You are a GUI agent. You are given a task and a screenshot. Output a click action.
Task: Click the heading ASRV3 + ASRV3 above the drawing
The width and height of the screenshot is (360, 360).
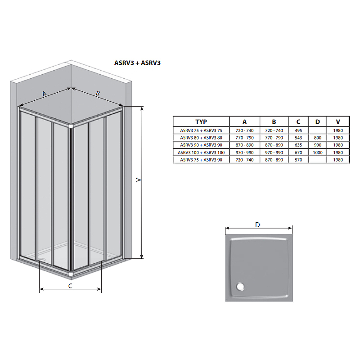coord(137,63)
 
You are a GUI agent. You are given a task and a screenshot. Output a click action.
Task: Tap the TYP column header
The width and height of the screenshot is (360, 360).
coord(201,121)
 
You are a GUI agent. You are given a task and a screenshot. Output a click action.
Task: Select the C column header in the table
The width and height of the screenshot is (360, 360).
coord(298,121)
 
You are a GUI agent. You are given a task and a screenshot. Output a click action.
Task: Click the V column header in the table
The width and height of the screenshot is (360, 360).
coord(338,121)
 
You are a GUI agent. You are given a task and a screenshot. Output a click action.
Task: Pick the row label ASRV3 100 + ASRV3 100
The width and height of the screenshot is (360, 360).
coord(201,153)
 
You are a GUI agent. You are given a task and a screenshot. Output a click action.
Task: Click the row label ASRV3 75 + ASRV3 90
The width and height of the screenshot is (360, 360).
coord(201,160)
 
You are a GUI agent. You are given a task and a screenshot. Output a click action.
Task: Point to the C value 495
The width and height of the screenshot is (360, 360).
coord(298,130)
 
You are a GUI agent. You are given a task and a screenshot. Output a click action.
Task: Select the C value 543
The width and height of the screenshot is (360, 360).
coord(298,138)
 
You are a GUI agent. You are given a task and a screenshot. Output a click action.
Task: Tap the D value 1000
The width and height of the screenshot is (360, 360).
coord(318,153)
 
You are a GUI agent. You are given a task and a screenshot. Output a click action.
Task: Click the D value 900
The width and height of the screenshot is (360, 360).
coord(318,145)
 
